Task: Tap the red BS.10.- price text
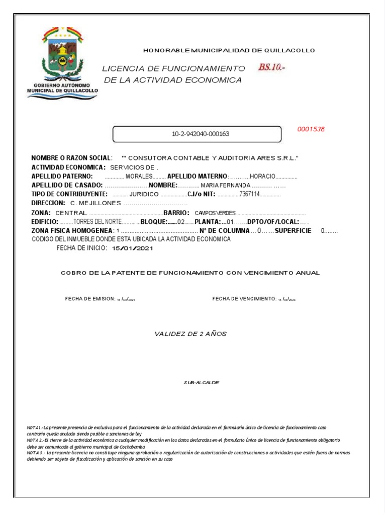pyautogui.click(x=271, y=67)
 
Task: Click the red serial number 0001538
pyautogui.click(x=311, y=129)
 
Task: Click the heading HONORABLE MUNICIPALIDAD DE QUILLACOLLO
pyautogui.click(x=229, y=50)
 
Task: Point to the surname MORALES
pyautogui.click(x=139, y=177)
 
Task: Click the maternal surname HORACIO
pyautogui.click(x=262, y=177)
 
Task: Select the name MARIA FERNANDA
pyautogui.click(x=225, y=186)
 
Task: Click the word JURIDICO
pyautogui.click(x=144, y=194)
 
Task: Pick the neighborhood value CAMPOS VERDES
pyautogui.click(x=215, y=213)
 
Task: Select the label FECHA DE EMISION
pyautogui.click(x=90, y=299)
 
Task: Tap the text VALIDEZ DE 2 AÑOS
pyautogui.click(x=190, y=333)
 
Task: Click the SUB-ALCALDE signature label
pyautogui.click(x=202, y=383)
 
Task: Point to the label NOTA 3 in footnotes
pyautogui.click(x=36, y=453)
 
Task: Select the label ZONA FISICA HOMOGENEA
pyautogui.click(x=72, y=230)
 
